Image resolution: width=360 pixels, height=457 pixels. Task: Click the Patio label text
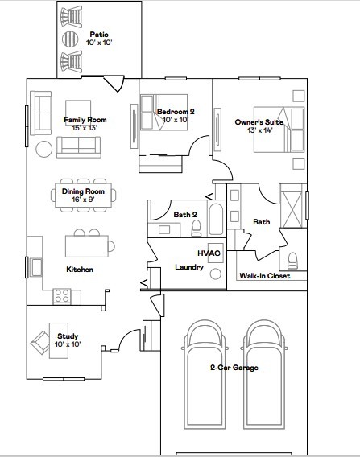point(99,35)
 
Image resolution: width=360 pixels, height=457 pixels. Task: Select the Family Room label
point(85,120)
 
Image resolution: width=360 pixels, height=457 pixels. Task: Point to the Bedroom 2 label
point(176,112)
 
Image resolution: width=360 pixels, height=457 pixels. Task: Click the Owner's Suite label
point(253,121)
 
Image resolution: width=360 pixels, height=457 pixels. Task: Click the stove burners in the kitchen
point(62,295)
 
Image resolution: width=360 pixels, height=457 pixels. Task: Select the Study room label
point(67,336)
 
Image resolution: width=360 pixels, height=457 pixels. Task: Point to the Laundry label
point(188,267)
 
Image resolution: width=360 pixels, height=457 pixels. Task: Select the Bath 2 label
point(185,214)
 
